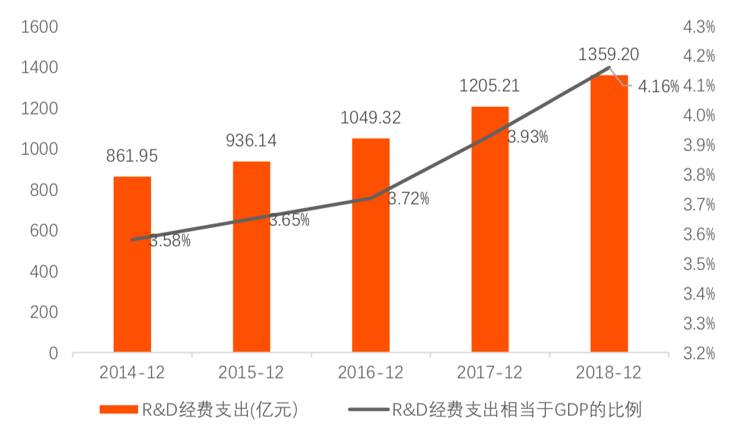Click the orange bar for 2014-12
tap(132, 265)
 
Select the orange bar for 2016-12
tap(371, 246)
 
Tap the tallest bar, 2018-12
tap(609, 214)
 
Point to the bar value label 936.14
tap(251, 140)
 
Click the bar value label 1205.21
tap(489, 85)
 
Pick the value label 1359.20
tap(608, 54)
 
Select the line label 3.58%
tap(170, 241)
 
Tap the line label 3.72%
tap(409, 200)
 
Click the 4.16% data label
tap(659, 86)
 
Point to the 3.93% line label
tap(528, 137)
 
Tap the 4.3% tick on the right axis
tap(700, 27)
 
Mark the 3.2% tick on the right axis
tap(700, 353)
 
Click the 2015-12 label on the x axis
tap(251, 373)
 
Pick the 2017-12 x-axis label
tap(489, 373)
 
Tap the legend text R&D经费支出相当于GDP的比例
tap(516, 410)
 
